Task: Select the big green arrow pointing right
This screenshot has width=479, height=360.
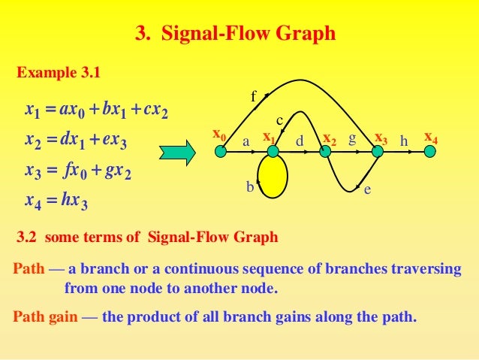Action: click(x=177, y=151)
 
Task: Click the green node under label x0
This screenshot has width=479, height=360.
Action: click(x=220, y=152)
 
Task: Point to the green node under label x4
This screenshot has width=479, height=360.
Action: click(x=430, y=152)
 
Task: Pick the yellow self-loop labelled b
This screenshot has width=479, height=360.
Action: click(x=273, y=177)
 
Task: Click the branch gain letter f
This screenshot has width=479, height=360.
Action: click(x=253, y=96)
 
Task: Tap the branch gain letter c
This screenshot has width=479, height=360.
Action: click(x=279, y=120)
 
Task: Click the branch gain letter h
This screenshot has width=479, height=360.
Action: click(x=404, y=141)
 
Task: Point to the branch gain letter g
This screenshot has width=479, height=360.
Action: click(x=351, y=139)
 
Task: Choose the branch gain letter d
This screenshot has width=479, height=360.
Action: click(x=299, y=141)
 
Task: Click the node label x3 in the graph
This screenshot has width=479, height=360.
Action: click(x=381, y=138)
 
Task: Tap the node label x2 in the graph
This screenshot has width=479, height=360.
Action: click(x=329, y=139)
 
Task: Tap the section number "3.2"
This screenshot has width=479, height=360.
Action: click(x=28, y=238)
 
